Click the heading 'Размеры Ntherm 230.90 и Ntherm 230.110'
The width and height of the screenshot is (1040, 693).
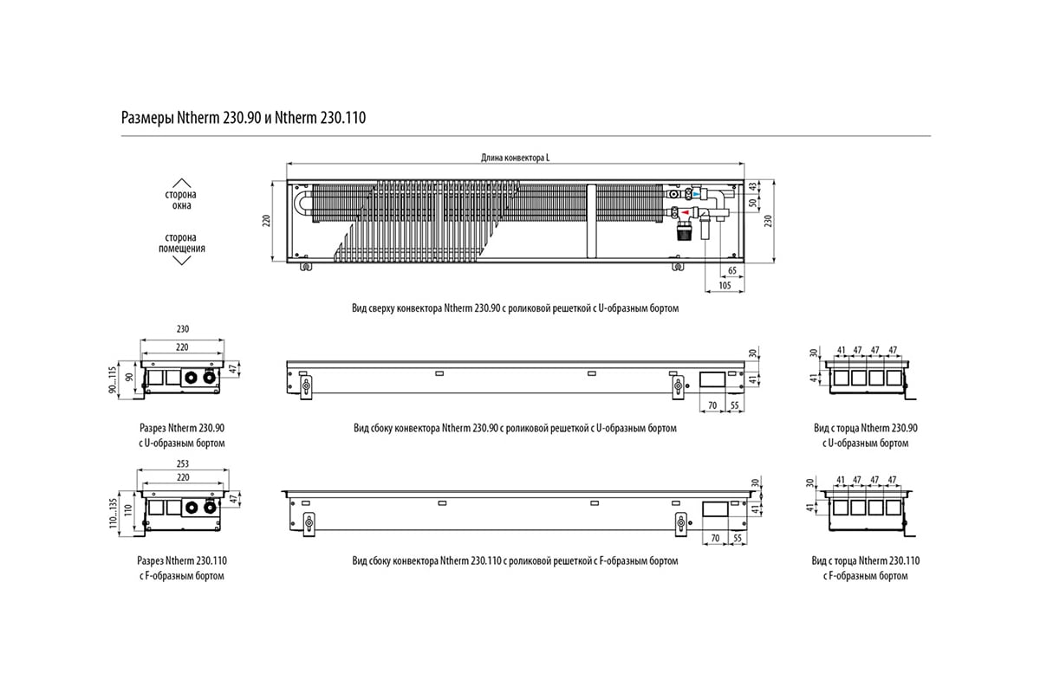click(x=244, y=118)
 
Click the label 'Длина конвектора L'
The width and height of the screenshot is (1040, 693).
click(x=515, y=158)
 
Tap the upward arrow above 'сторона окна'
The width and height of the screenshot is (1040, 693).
click(x=181, y=183)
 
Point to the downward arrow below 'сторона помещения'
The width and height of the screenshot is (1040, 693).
click(x=181, y=261)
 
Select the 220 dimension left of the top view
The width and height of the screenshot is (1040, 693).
click(x=266, y=221)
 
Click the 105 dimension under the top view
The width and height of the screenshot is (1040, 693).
click(x=725, y=286)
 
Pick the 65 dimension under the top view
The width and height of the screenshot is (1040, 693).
click(x=732, y=270)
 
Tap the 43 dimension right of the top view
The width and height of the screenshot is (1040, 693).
click(x=752, y=186)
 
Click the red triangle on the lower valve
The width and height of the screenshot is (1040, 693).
click(x=685, y=212)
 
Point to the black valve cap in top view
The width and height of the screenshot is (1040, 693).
click(x=683, y=231)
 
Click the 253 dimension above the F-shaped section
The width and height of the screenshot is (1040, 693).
click(x=183, y=463)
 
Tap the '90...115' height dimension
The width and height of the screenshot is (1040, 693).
click(x=113, y=380)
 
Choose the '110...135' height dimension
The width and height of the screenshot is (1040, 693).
click(x=113, y=513)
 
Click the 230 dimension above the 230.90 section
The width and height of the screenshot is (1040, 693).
click(x=183, y=329)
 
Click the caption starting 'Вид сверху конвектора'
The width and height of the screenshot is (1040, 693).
click(x=515, y=308)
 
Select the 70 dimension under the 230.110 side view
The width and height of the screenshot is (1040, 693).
click(x=715, y=538)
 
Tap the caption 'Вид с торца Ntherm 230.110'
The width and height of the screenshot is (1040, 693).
click(x=866, y=560)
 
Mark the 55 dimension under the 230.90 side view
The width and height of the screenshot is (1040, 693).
click(x=735, y=405)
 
